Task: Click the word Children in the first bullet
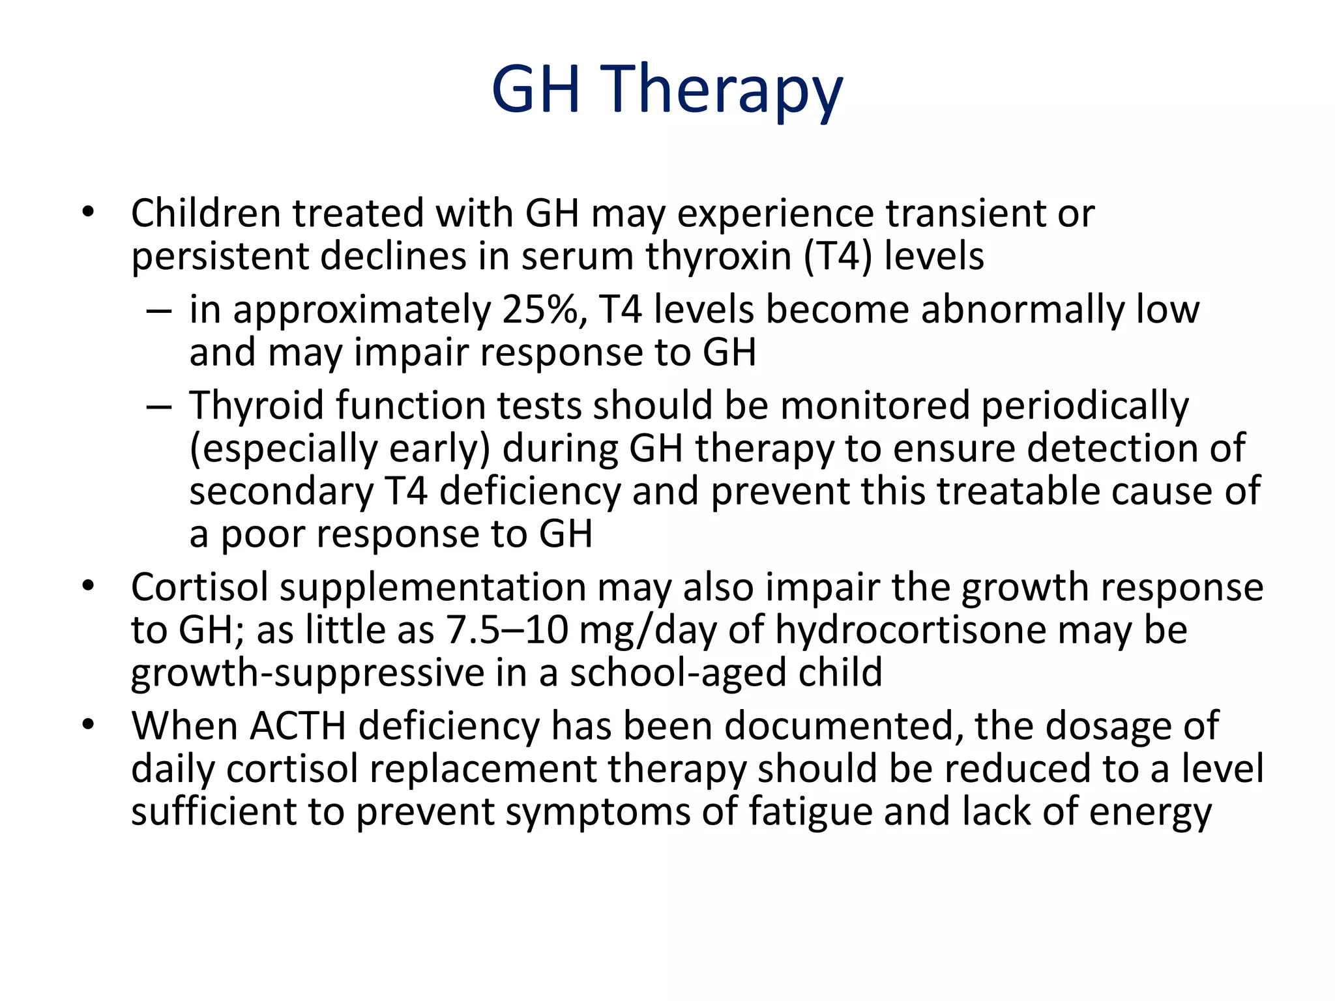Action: pyautogui.click(x=205, y=213)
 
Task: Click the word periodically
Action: pyautogui.click(x=1085, y=405)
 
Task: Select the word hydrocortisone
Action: pyautogui.click(x=910, y=630)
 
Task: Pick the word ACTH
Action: pyautogui.click(x=297, y=726)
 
